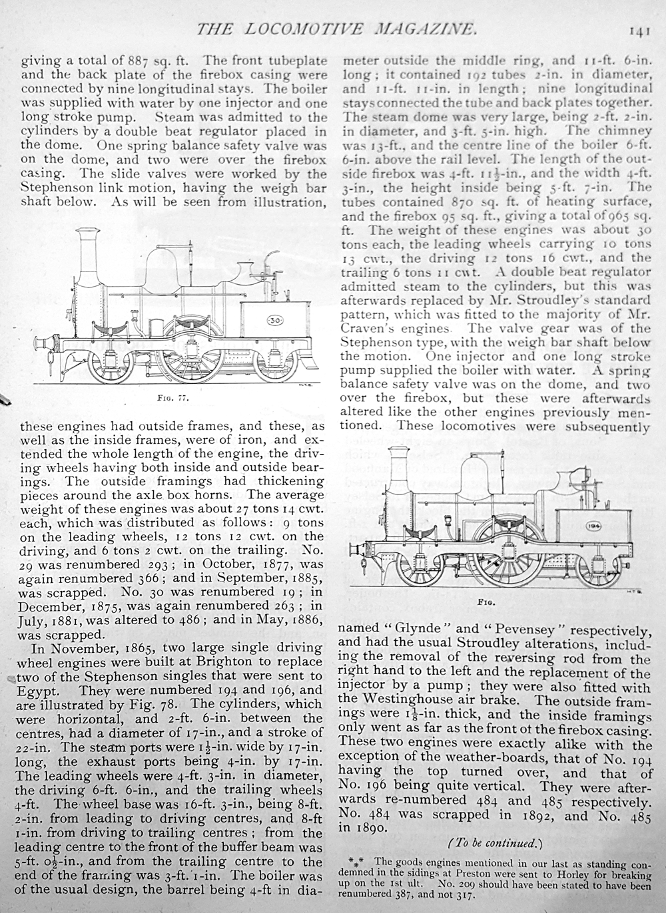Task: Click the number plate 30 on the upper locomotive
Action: point(275,321)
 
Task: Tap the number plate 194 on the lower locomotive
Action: point(593,525)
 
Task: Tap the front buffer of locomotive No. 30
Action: point(47,345)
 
